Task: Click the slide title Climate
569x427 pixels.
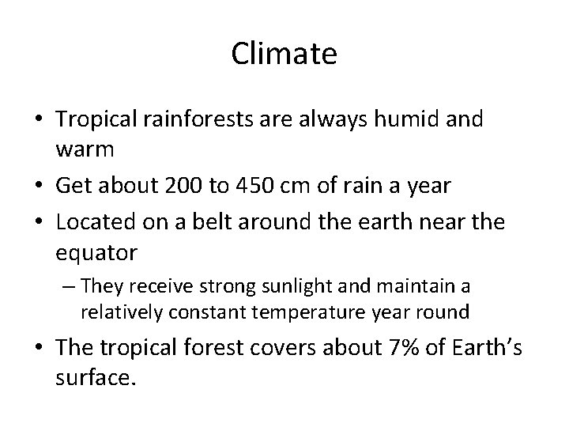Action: (284, 54)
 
